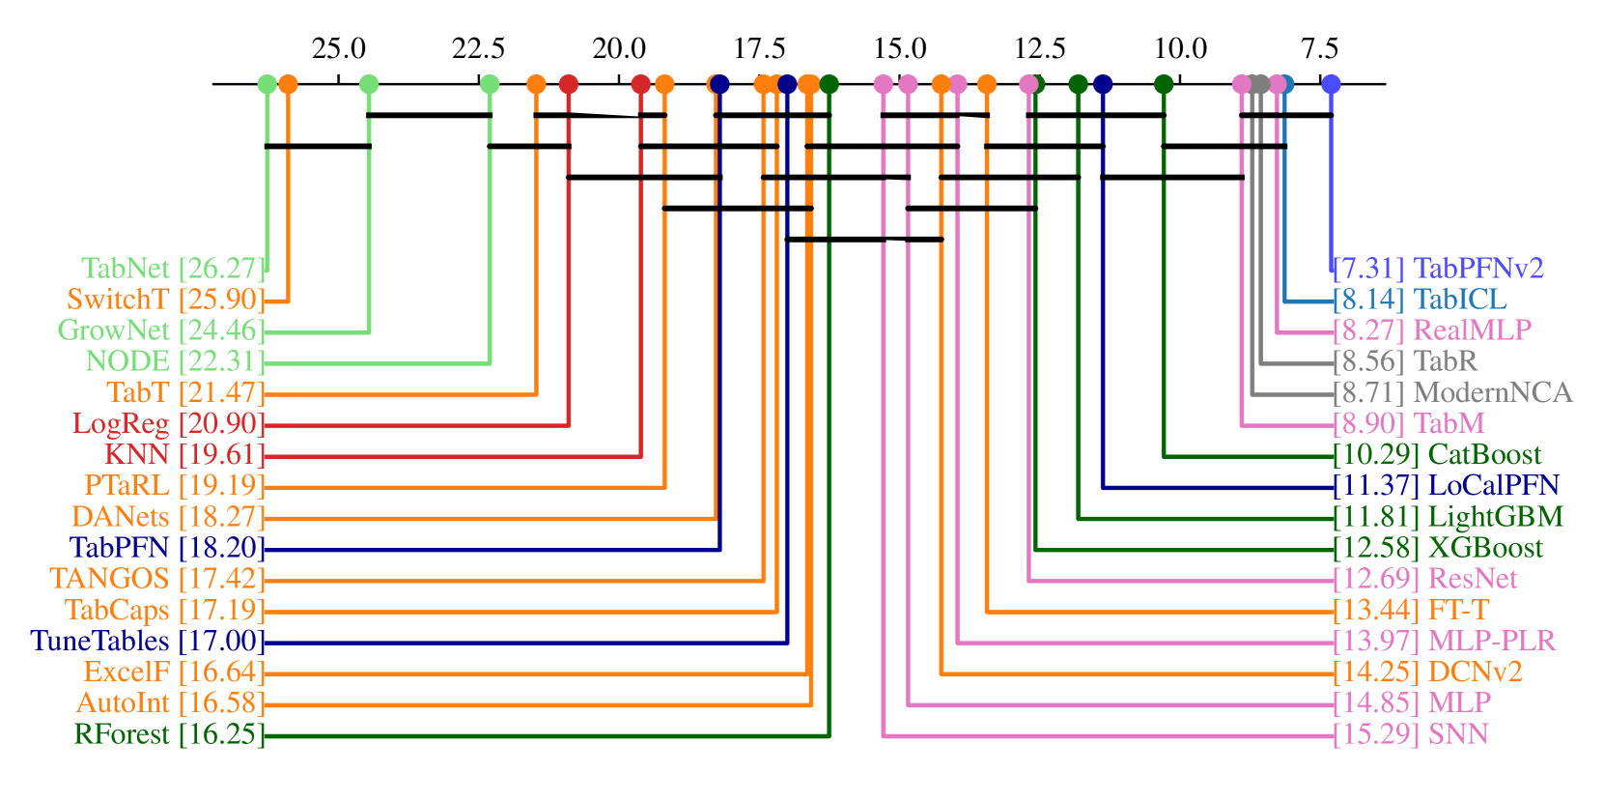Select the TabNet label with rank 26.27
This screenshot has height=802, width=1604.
pyautogui.click(x=172, y=268)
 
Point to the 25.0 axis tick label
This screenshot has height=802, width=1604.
pyautogui.click(x=339, y=48)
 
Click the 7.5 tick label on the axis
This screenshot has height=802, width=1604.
pyautogui.click(x=1319, y=48)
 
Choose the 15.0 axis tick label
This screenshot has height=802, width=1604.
pyautogui.click(x=900, y=48)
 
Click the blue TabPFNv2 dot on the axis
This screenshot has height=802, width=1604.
pyautogui.click(x=1331, y=84)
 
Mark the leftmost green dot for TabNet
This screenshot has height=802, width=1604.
pyautogui.click(x=267, y=84)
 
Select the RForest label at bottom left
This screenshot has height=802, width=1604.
pyautogui.click(x=168, y=734)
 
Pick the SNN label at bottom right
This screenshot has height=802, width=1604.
pyautogui.click(x=1410, y=734)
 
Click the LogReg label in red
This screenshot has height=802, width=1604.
pyautogui.click(x=167, y=423)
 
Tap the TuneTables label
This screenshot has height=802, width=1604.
pyautogui.click(x=147, y=641)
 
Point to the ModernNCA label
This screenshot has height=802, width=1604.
pyautogui.click(x=1452, y=392)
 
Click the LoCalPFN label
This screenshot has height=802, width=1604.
pyautogui.click(x=1446, y=485)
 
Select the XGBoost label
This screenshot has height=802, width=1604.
pyautogui.click(x=1438, y=548)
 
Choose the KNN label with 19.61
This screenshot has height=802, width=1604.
pyautogui.click(x=183, y=454)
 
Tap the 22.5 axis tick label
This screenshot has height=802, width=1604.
pyautogui.click(x=479, y=48)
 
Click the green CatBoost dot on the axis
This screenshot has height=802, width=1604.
pyautogui.click(x=1164, y=84)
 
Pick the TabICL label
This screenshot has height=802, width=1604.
pyautogui.click(x=1419, y=299)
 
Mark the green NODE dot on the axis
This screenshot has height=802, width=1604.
pyautogui.click(x=490, y=84)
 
